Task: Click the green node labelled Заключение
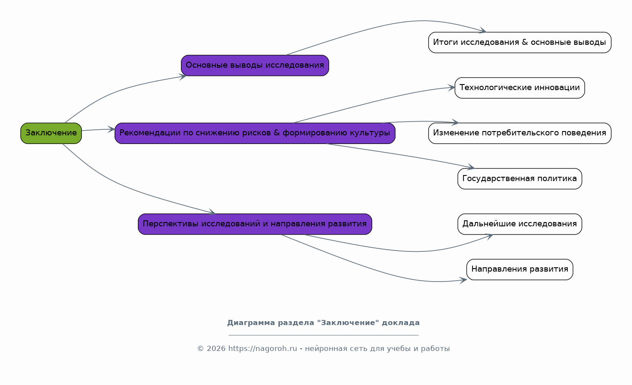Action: click(51, 133)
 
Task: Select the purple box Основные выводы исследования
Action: click(255, 66)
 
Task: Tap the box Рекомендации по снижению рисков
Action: click(255, 133)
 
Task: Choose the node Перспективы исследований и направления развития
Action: click(255, 224)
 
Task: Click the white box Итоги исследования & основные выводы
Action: click(519, 43)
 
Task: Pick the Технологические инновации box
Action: click(519, 88)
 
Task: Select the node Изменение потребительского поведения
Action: click(519, 133)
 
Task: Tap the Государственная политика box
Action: click(519, 179)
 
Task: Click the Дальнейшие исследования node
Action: click(519, 224)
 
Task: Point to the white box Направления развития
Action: click(519, 269)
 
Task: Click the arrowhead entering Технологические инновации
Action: click(452, 88)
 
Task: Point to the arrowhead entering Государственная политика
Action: click(471, 167)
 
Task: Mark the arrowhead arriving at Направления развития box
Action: click(464, 280)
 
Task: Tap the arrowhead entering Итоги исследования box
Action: click(483, 31)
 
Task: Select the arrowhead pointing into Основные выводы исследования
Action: click(184, 76)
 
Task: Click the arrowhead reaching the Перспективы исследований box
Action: click(212, 212)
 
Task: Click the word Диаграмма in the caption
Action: click(251, 323)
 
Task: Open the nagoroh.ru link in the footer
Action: click(263, 349)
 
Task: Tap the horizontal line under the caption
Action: click(323, 335)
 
